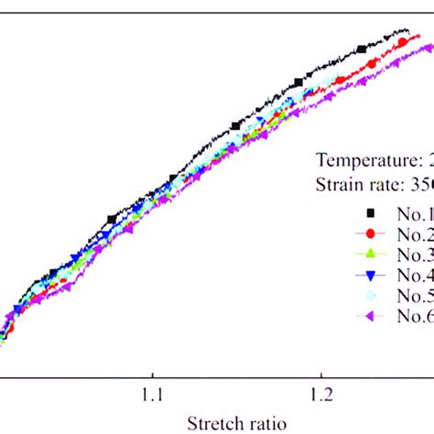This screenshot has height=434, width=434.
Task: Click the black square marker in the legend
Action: pyautogui.click(x=363, y=213)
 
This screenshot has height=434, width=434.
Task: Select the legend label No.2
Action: pyautogui.click(x=414, y=233)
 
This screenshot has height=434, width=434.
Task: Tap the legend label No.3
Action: pyautogui.click(x=414, y=254)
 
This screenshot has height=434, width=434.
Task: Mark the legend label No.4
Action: pyautogui.click(x=414, y=275)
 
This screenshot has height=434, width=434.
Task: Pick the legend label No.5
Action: pyautogui.click(x=414, y=295)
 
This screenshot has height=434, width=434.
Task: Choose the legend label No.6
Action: pyautogui.click(x=414, y=316)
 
